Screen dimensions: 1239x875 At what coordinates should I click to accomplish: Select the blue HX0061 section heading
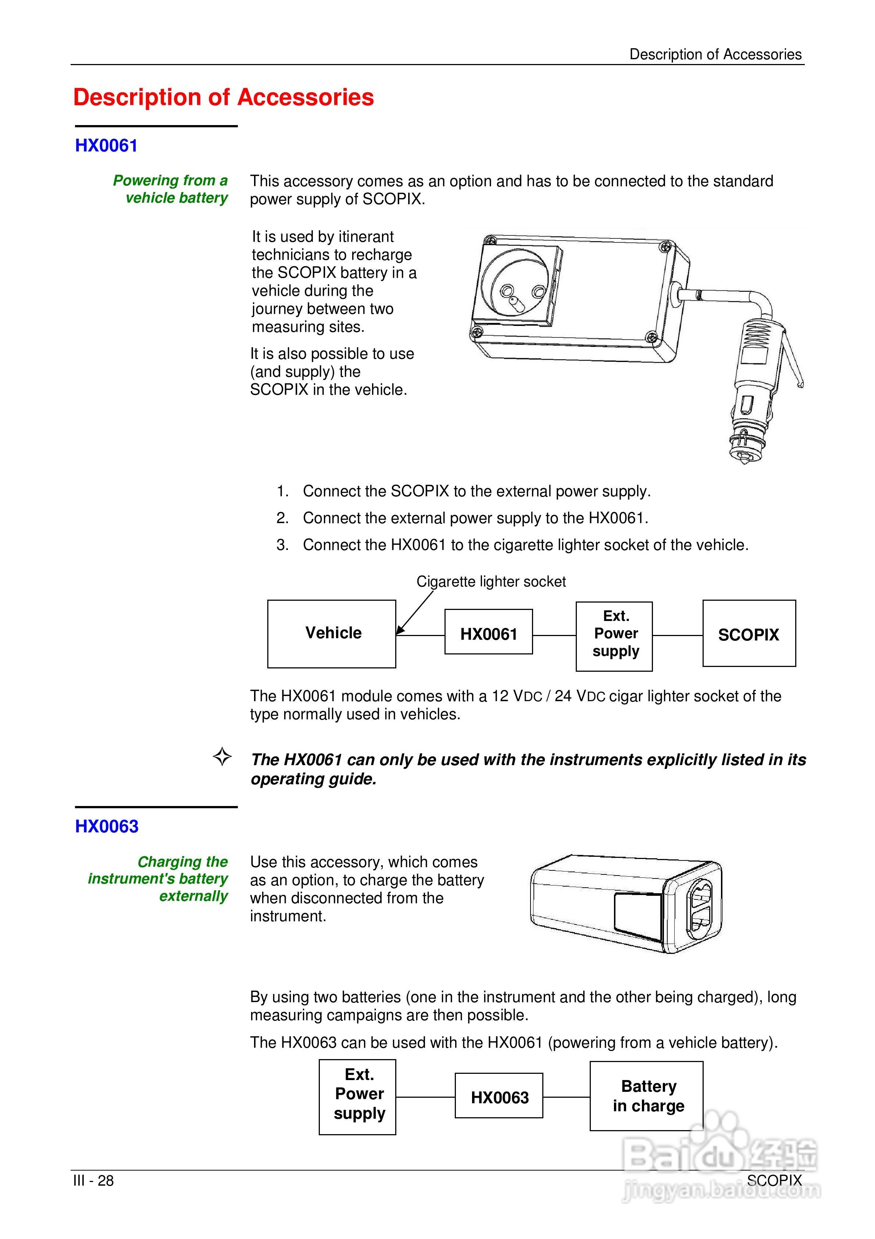point(106,146)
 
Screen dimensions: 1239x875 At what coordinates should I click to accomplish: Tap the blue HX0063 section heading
point(107,826)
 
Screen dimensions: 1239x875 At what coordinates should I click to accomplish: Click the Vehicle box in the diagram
point(332,633)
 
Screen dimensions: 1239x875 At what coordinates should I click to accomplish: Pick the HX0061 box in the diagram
point(488,632)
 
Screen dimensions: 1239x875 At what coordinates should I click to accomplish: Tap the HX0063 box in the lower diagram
point(499,1096)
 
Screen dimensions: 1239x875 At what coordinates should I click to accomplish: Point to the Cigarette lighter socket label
point(491,582)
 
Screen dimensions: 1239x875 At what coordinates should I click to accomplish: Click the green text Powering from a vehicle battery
point(171,189)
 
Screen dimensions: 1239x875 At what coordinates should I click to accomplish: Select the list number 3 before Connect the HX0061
point(282,545)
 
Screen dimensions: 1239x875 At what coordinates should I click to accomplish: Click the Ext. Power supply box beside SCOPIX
point(614,636)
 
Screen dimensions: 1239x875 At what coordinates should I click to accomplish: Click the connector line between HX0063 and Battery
point(566,1097)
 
